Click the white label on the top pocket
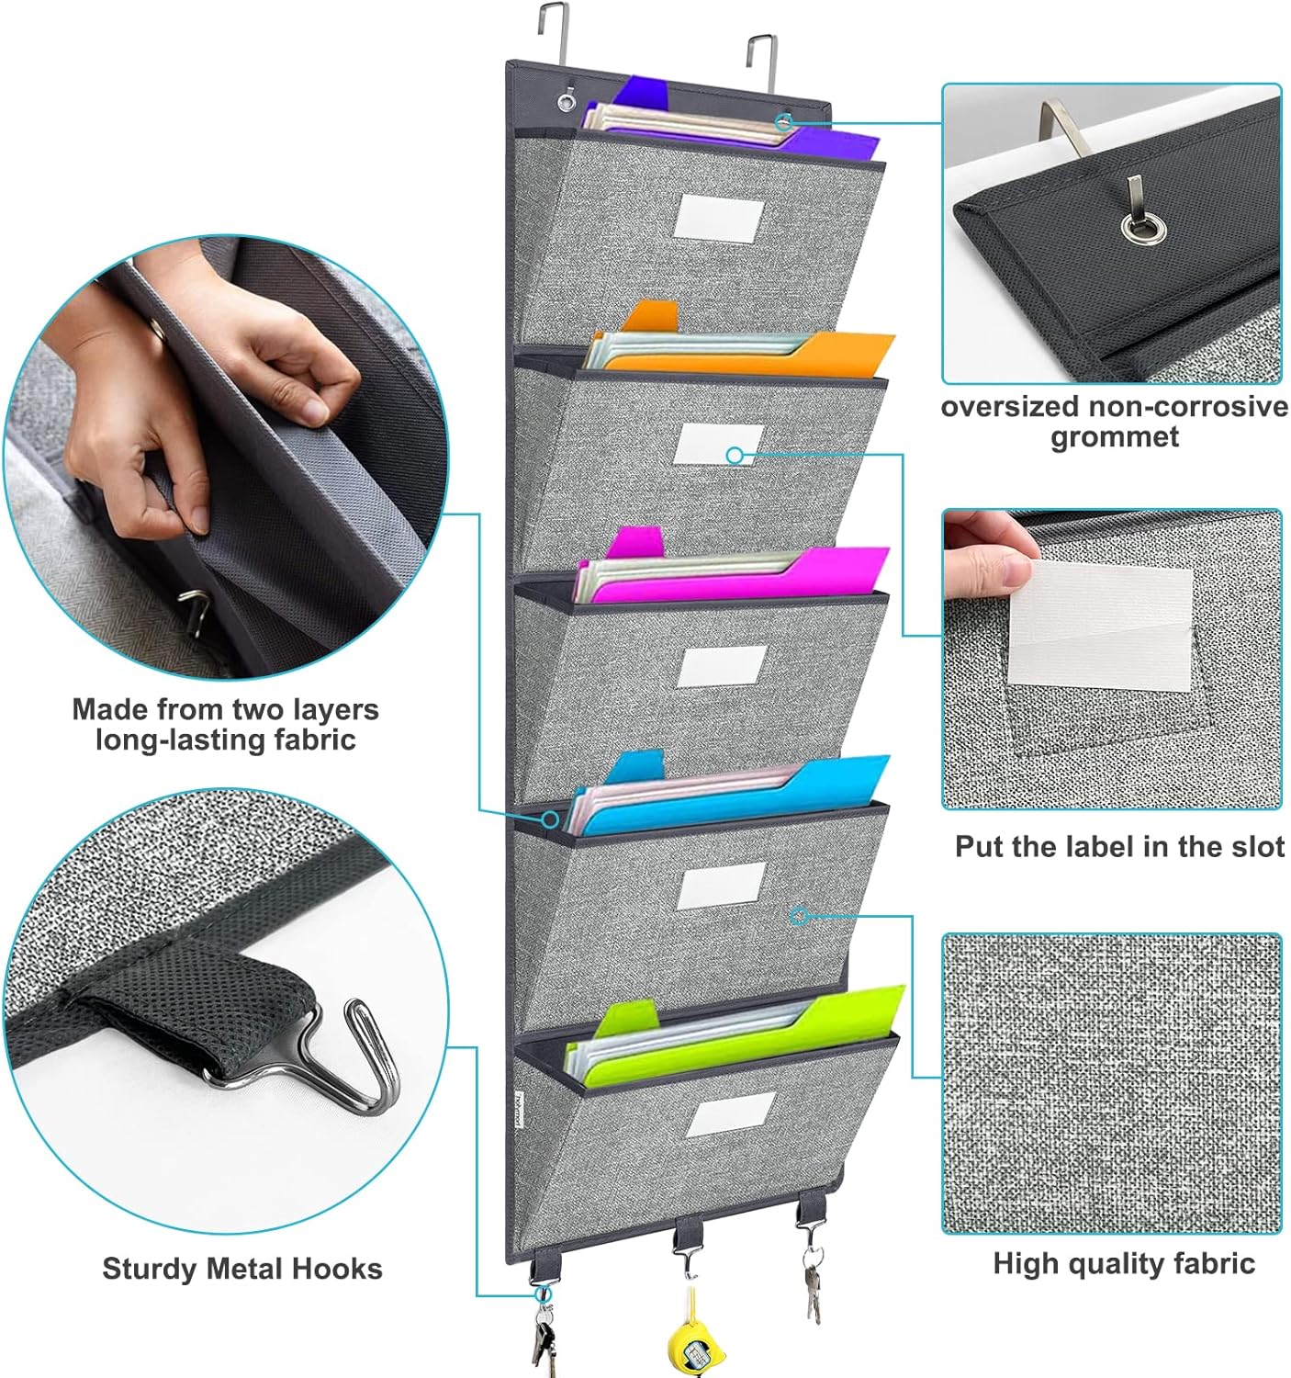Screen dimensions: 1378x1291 click(x=719, y=219)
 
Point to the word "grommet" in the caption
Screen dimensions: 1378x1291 click(x=1114, y=437)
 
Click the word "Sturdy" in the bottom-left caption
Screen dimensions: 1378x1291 click(x=150, y=1269)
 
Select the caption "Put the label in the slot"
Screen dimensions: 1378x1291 click(x=1119, y=846)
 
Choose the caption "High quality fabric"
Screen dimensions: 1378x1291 click(x=1123, y=1263)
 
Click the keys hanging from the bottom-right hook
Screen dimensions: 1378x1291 click(x=813, y=1282)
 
